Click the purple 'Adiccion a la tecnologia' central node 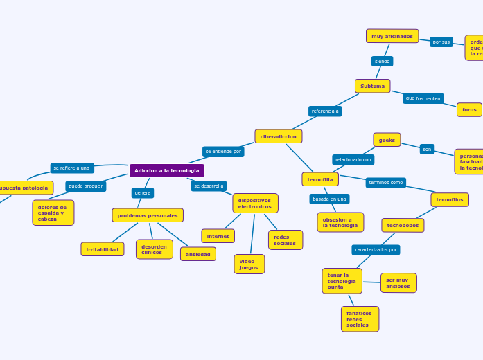click(166, 170)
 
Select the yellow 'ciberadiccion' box click(278, 136)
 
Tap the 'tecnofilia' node click(320, 179)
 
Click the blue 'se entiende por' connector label click(223, 151)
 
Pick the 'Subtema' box click(372, 86)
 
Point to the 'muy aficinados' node click(392, 36)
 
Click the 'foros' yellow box click(469, 109)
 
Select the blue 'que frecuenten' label click(423, 98)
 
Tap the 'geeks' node click(387, 140)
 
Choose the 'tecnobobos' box click(403, 225)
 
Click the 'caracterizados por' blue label click(376, 249)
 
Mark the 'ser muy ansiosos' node click(398, 283)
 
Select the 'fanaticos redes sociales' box click(360, 319)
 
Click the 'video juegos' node click(249, 264)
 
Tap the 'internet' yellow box click(218, 236)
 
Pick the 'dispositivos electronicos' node click(255, 203)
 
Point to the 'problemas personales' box click(148, 215)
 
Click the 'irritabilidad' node click(103, 249)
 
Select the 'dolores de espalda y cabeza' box click(53, 213)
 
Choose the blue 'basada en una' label click(329, 199)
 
